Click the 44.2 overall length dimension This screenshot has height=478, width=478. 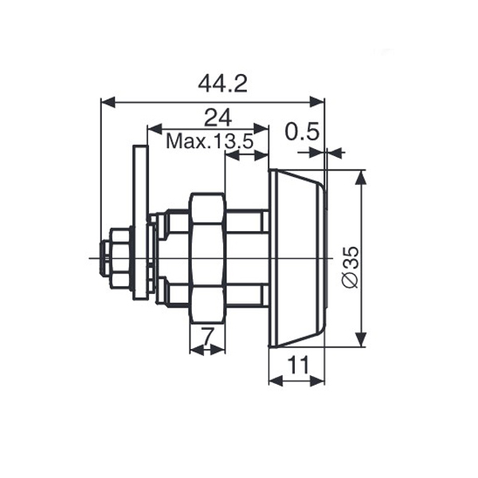[x=222, y=84]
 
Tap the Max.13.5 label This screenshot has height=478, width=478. [x=210, y=142]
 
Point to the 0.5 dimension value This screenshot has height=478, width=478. [x=302, y=131]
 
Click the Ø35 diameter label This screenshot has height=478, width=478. [x=351, y=267]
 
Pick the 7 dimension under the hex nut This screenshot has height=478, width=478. [x=207, y=336]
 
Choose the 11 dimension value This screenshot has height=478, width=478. [x=298, y=365]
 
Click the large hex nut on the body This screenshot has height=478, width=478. [x=207, y=258]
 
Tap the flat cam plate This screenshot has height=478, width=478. [x=140, y=222]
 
